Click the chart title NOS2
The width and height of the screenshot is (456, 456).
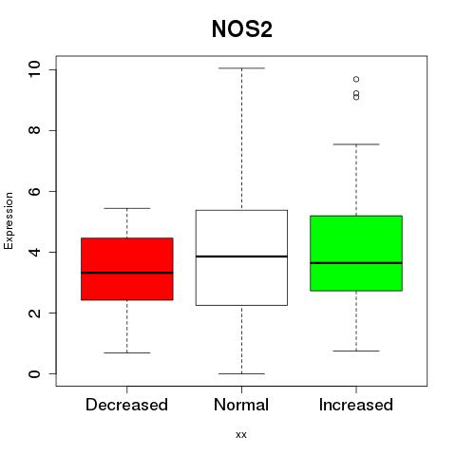point(242,29)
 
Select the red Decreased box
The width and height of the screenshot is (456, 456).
point(127,269)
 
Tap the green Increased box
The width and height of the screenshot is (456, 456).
point(356,253)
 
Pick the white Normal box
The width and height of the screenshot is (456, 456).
point(241,257)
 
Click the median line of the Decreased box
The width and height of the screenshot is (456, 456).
point(127,273)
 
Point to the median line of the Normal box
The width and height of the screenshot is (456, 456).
point(241,256)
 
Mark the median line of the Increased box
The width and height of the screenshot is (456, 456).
point(356,263)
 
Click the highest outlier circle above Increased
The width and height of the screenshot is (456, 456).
point(356,79)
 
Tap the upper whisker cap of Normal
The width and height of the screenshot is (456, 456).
point(241,68)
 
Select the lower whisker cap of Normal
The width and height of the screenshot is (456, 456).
point(241,373)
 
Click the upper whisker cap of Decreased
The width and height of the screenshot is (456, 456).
point(127,208)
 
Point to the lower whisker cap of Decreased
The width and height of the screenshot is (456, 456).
point(127,352)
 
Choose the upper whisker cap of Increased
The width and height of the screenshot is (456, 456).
point(356,144)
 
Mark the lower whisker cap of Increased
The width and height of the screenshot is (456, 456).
point(356,351)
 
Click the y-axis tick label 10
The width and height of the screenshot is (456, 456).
point(34,69)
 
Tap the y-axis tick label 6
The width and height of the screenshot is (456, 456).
point(34,191)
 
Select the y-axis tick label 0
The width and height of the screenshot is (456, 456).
point(34,373)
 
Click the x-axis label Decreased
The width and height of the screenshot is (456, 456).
point(126,405)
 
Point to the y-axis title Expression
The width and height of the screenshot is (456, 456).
point(9,220)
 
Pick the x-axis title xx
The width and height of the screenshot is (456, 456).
point(241,435)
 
